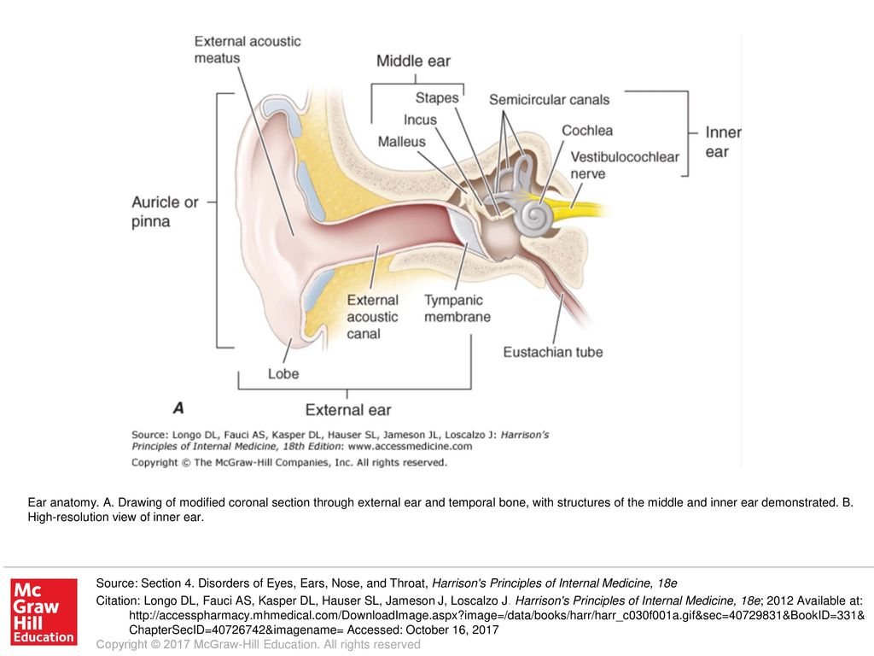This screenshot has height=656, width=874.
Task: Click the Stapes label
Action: pyautogui.click(x=437, y=98)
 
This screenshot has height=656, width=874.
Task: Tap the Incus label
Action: pyautogui.click(x=420, y=120)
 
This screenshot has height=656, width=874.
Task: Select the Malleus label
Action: pyautogui.click(x=401, y=142)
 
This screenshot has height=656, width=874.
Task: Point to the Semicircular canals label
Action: pyautogui.click(x=549, y=100)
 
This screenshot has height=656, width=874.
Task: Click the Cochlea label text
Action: pyautogui.click(x=586, y=131)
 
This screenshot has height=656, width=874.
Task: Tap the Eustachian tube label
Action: pyautogui.click(x=552, y=352)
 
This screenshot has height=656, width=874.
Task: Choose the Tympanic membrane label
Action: pyautogui.click(x=457, y=308)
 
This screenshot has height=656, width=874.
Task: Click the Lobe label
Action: pyautogui.click(x=283, y=373)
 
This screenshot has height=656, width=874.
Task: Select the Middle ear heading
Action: pyautogui.click(x=413, y=61)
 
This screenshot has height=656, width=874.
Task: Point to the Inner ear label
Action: pyautogui.click(x=722, y=142)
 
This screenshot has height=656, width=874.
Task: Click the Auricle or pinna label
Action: pyautogui.click(x=165, y=212)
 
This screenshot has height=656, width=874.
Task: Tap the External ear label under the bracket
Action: pyautogui.click(x=347, y=410)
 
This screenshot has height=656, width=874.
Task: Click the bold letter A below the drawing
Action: pyautogui.click(x=178, y=407)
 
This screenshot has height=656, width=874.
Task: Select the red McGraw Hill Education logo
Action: pyautogui.click(x=43, y=612)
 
